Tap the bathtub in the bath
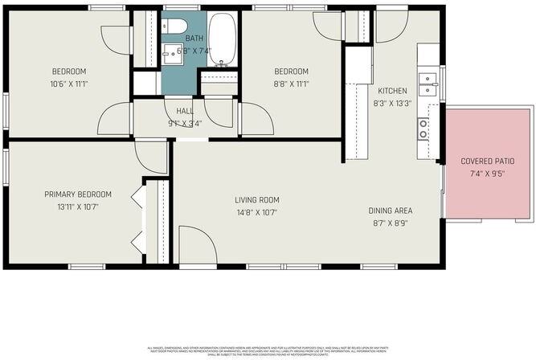[222, 38]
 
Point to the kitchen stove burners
[423, 129]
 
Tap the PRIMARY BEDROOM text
[77, 194]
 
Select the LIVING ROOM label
[256, 200]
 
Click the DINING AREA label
[391, 211]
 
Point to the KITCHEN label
[392, 91]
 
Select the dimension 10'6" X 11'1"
[68, 83]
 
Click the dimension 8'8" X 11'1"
[290, 83]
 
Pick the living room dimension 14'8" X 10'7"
[256, 213]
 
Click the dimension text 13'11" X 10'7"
[77, 207]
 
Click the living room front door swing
[193, 245]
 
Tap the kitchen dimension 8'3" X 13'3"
[392, 103]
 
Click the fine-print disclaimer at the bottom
[268, 350]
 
